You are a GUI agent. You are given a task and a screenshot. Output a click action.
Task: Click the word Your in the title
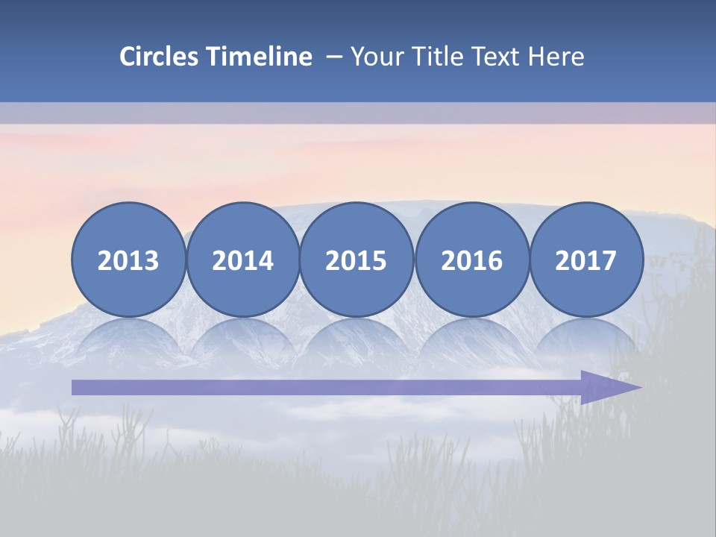pyautogui.click(x=375, y=57)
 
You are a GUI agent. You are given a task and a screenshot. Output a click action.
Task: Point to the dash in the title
pyautogui.click(x=333, y=57)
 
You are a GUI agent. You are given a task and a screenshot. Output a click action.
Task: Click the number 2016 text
pyautogui.click(x=471, y=261)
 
